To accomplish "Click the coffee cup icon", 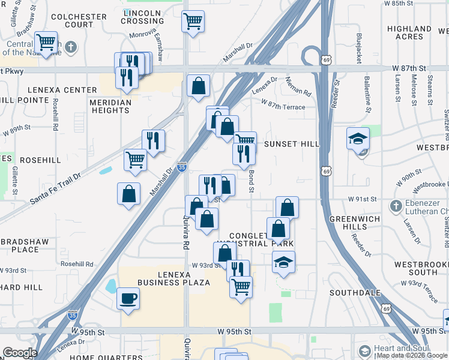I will coord(128,298).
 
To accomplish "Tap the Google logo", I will coord(19,353).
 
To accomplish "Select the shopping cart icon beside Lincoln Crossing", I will coord(193,22).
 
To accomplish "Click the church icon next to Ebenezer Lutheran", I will coord(395,206).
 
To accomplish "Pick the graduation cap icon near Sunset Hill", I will coord(358,139).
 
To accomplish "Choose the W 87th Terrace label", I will coord(283,107).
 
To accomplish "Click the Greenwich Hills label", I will coord(355,223).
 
